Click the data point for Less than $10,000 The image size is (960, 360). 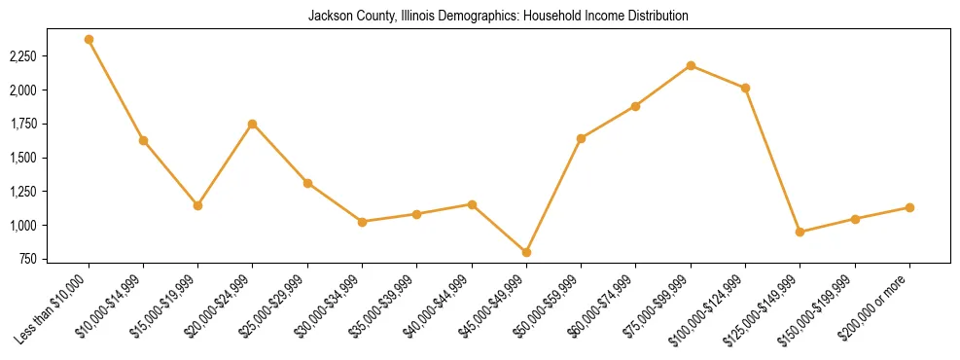(x=89, y=40)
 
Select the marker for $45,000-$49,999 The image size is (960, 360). (x=526, y=252)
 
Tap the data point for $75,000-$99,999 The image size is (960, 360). (x=691, y=65)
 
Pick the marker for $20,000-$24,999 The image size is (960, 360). (x=253, y=124)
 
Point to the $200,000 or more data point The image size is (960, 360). (x=909, y=207)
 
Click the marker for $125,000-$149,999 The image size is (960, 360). (x=800, y=232)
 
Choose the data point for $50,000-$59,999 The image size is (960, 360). (x=581, y=138)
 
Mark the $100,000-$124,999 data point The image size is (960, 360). (x=745, y=88)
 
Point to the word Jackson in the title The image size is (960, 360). (x=331, y=17)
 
